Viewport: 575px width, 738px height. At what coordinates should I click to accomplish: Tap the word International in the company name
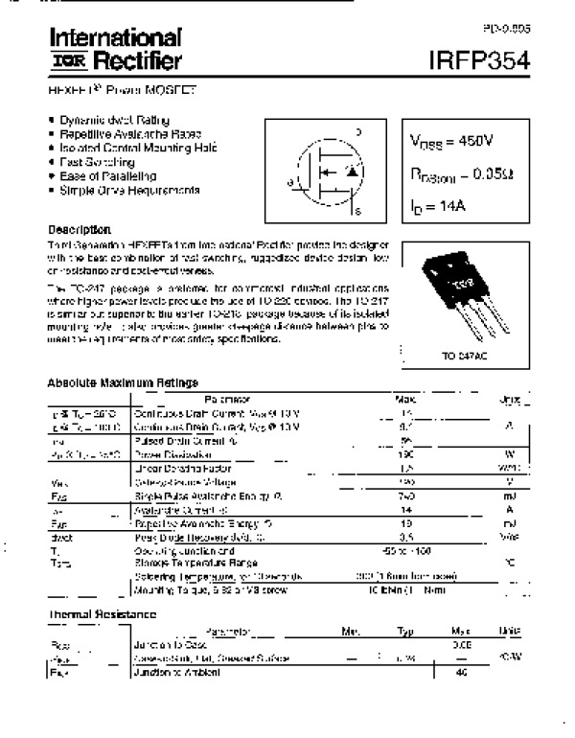point(115,38)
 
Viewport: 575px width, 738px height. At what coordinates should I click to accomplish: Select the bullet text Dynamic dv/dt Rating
point(115,120)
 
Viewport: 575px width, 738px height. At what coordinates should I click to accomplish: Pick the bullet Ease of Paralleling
point(107,176)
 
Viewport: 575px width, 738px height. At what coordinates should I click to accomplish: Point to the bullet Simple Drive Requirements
point(129,190)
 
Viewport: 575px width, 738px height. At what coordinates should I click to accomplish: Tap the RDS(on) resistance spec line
point(461,173)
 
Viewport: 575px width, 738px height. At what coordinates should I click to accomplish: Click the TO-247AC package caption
point(463,356)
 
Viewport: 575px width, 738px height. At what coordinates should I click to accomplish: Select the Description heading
point(80,230)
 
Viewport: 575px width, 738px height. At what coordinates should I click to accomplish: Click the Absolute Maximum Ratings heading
point(123,382)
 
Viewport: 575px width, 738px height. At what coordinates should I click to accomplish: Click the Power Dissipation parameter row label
point(160,454)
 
